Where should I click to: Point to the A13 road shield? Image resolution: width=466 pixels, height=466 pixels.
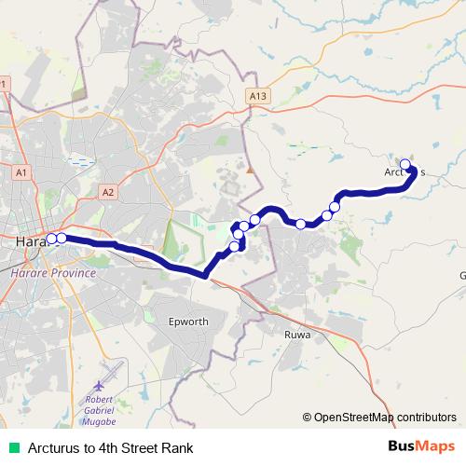(x=258, y=96)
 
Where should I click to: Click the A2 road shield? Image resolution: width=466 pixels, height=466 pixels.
(x=108, y=192)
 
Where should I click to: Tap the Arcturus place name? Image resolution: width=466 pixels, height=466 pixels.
(x=404, y=171)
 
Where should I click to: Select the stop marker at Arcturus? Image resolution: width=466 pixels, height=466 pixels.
(x=405, y=165)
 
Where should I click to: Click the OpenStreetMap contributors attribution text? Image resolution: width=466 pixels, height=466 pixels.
(x=385, y=418)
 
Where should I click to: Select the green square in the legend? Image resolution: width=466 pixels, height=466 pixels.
(x=11, y=448)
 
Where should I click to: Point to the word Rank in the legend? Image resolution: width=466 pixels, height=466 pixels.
(x=177, y=448)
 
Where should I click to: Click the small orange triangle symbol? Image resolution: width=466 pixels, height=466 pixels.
(x=250, y=170)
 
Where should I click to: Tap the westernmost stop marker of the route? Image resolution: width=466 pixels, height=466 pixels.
(x=52, y=239)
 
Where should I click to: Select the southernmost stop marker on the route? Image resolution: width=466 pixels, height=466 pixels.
(x=235, y=247)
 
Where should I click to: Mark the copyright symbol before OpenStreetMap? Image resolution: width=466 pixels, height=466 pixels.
(x=308, y=418)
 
